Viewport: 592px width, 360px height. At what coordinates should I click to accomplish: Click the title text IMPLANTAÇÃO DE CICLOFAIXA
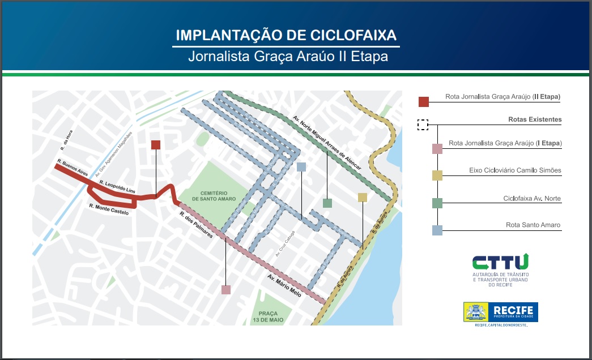coord(286,35)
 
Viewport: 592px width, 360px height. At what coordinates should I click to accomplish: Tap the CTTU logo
coord(501,262)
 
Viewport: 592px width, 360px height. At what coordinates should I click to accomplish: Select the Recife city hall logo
coord(501,312)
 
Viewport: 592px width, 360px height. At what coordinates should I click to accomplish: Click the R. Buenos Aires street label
coord(73,168)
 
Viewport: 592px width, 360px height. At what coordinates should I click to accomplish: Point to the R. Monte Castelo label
coord(109,209)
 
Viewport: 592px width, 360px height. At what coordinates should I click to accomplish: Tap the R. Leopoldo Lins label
coord(118,187)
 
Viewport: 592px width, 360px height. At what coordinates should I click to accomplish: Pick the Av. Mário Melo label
coord(285,285)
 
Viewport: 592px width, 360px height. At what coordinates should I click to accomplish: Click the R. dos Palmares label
coord(196,225)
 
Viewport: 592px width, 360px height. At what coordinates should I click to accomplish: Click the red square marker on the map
coord(156,145)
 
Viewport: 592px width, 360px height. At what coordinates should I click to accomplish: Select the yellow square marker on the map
coord(363,197)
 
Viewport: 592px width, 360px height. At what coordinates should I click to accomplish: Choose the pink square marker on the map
coord(226,290)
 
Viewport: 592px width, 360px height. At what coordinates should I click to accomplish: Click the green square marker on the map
coord(327,203)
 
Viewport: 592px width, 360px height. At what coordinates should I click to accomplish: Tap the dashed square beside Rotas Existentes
coord(423,125)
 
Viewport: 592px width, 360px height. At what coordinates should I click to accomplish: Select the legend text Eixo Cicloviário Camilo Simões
coord(515,170)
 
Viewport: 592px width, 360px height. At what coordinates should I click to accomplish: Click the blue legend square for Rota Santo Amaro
coord(437,230)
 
